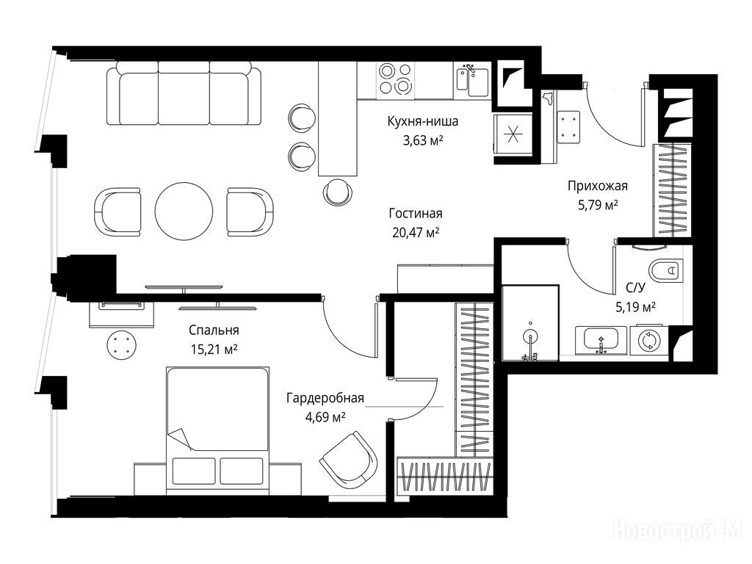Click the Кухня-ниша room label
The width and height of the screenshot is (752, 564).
click(x=422, y=121)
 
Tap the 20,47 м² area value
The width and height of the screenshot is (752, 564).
click(x=416, y=233)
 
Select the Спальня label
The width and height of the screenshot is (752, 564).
click(x=214, y=330)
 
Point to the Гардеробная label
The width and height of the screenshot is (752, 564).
click(x=325, y=398)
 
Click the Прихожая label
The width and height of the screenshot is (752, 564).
click(x=598, y=186)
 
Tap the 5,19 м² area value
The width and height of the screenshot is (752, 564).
click(x=636, y=306)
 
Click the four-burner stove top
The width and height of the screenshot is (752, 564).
click(x=395, y=79)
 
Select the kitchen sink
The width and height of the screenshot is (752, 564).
click(x=472, y=81)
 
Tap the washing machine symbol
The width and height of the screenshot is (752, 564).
click(x=649, y=340)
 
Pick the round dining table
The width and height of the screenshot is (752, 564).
click(x=184, y=211)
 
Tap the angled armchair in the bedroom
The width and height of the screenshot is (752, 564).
click(x=349, y=460)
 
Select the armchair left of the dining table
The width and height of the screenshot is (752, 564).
click(x=118, y=211)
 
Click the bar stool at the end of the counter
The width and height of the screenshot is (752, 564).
click(x=338, y=193)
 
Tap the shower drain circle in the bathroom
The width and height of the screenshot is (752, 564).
click(x=530, y=335)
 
